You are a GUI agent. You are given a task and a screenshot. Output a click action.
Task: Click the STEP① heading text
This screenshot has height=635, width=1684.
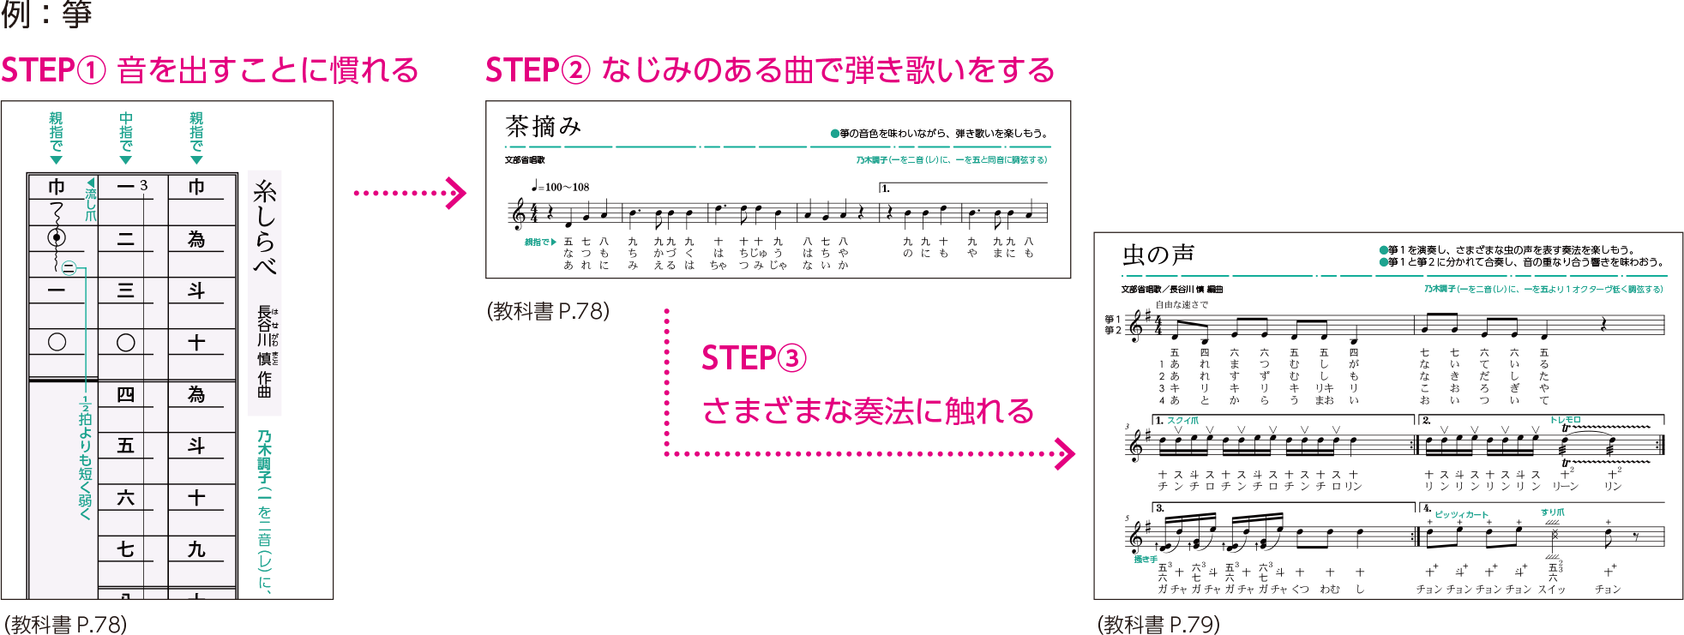pyautogui.click(x=210, y=70)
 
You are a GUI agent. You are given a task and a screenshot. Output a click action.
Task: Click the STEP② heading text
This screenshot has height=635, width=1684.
pyautogui.click(x=769, y=70)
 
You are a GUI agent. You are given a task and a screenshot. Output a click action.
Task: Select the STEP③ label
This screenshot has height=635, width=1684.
pyautogui.click(x=754, y=358)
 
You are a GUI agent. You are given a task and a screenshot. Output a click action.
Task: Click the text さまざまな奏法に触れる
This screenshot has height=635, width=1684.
pyautogui.click(x=868, y=411)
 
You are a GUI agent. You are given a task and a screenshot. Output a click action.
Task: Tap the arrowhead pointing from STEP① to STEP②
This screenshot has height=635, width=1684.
pyautogui.click(x=458, y=193)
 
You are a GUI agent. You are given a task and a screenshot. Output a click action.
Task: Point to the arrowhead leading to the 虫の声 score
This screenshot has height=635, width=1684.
pyautogui.click(x=1065, y=454)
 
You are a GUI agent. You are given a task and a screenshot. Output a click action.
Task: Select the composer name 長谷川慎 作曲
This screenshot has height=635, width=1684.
pyautogui.click(x=265, y=351)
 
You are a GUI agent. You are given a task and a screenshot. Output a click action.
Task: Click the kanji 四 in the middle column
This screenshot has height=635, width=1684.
pyautogui.click(x=125, y=394)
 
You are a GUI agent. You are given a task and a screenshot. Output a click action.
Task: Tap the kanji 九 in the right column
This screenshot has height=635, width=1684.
pyautogui.click(x=196, y=549)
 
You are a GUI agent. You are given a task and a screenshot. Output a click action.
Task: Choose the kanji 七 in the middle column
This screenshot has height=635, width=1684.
pyautogui.click(x=125, y=549)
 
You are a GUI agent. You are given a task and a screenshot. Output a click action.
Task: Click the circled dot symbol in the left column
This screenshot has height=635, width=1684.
pyautogui.click(x=57, y=237)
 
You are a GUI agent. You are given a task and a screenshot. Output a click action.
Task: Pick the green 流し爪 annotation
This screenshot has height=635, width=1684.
pyautogui.click(x=91, y=202)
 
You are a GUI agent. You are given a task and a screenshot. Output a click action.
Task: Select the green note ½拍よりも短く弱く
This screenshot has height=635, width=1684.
pyautogui.click(x=85, y=458)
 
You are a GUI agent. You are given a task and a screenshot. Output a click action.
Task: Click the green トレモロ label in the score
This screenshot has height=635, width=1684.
pyautogui.click(x=1565, y=420)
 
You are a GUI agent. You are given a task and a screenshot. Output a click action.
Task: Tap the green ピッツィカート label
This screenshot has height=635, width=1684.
pyautogui.click(x=1461, y=515)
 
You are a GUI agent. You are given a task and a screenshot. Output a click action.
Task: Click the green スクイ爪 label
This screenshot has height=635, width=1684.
pyautogui.click(x=1182, y=421)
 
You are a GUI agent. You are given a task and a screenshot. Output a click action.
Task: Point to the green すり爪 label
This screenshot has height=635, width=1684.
pyautogui.click(x=1552, y=512)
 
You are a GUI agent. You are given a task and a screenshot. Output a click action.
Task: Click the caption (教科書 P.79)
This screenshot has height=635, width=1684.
pyautogui.click(x=1158, y=624)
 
